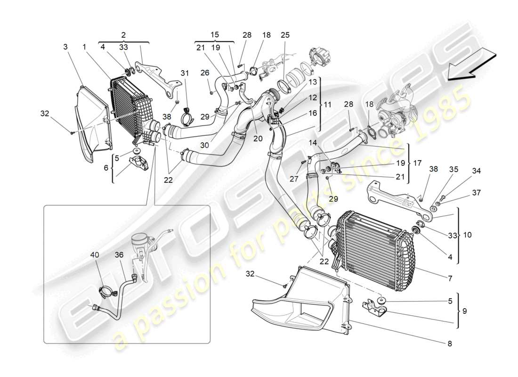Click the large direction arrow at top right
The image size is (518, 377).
coord(471,66)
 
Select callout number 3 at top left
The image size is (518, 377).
coord(65,47)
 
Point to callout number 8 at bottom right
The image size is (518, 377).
coord(449,344)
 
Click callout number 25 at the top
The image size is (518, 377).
coord(285,35)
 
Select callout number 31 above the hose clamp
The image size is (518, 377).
coord(184,73)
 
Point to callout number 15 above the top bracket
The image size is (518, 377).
coord(214,35)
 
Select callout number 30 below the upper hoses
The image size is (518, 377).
coord(203,146)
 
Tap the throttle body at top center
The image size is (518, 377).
coord(316,59)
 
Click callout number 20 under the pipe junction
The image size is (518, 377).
coord(258,139)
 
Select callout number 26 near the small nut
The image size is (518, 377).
coord(204,73)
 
